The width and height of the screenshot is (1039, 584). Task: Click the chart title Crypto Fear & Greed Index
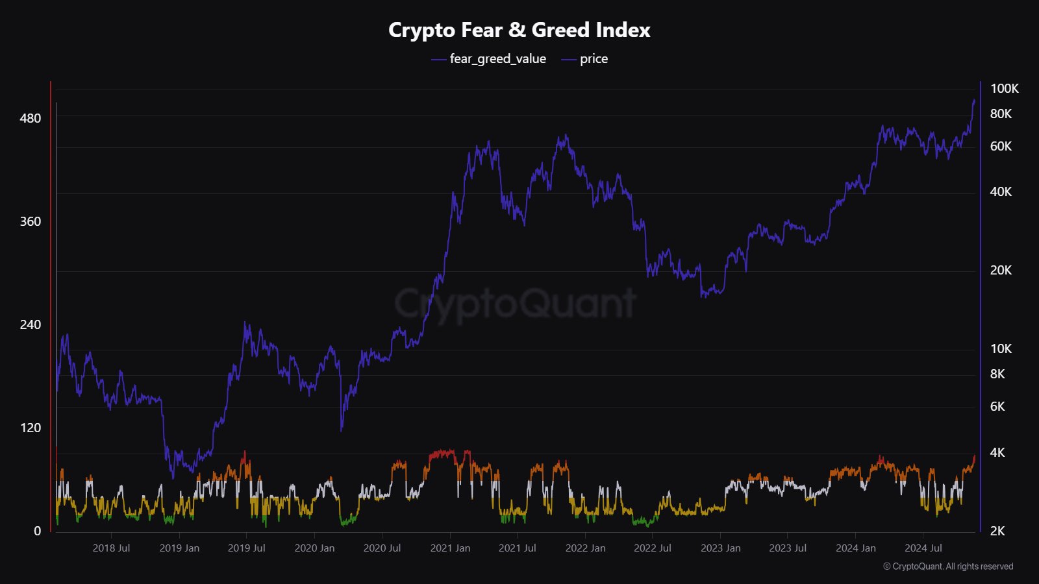pos(519,30)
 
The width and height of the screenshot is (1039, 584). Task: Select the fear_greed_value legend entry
pos(497,59)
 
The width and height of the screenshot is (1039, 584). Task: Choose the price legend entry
pos(594,59)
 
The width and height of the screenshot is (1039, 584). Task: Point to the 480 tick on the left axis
pos(31,118)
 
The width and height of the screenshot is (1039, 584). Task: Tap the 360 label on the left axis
pos(31,221)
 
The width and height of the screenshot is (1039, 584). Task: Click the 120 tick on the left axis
pos(31,428)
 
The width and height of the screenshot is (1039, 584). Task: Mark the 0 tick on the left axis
pos(37,531)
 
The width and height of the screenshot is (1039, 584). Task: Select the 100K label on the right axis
pos(1004,89)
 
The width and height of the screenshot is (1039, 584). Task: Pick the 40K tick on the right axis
pos(1001,192)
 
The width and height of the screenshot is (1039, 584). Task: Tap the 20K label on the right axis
pos(1001,271)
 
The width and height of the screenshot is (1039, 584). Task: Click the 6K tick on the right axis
pos(997,407)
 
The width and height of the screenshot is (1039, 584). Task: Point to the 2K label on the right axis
pos(997,531)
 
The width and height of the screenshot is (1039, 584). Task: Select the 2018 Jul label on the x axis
pos(111,548)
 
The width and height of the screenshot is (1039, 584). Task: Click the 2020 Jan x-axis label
pos(314,548)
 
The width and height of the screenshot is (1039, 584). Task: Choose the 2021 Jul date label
pos(517,548)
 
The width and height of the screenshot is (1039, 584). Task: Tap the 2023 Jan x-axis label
pos(720,548)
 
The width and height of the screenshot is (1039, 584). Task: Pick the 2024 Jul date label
pos(923,548)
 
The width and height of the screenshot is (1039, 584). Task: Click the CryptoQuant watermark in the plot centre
pos(516,303)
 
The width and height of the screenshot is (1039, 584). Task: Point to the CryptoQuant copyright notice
pos(948,566)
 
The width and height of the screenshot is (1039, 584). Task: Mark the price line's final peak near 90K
pos(973,101)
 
